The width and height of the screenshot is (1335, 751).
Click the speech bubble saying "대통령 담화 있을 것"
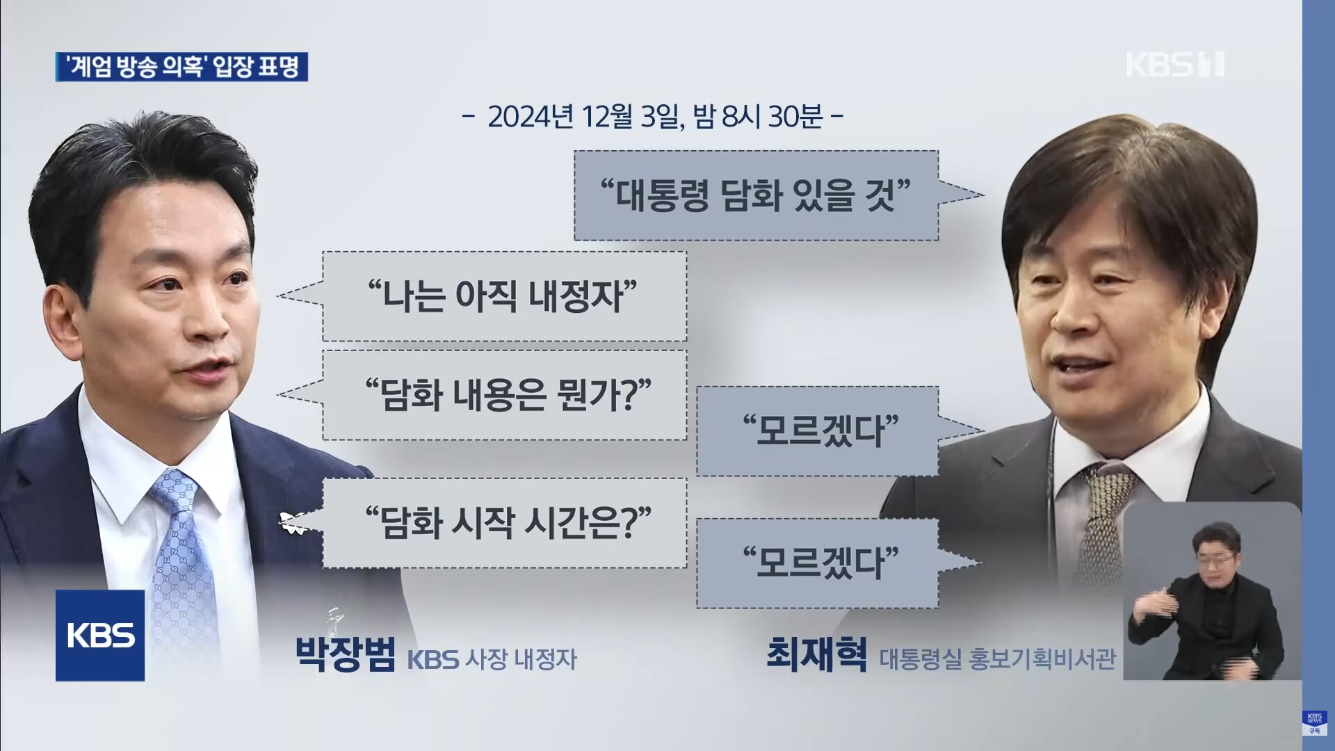[756, 195]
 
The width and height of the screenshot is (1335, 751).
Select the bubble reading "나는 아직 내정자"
[504, 296]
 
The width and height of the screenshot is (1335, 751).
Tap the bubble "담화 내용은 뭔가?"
[504, 395]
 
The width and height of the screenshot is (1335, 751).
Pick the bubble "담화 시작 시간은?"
[504, 522]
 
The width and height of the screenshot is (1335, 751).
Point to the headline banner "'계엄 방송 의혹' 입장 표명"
[181, 67]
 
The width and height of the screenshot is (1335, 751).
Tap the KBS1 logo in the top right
[1174, 64]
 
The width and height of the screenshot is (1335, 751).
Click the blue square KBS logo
[100, 635]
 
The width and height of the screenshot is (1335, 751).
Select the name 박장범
[346, 654]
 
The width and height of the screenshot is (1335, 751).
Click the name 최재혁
[816, 654]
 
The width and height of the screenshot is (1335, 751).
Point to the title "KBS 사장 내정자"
[492, 659]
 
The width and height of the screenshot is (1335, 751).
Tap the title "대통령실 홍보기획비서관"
[998, 659]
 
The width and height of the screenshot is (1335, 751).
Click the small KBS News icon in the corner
[1314, 722]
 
